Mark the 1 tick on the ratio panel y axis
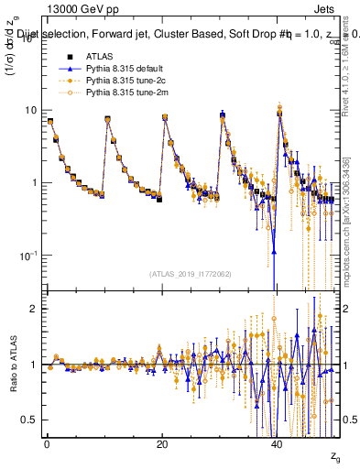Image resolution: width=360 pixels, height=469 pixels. (x=33, y=365)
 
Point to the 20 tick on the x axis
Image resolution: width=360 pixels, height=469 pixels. (x=161, y=444)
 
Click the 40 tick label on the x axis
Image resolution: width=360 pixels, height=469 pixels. (x=277, y=444)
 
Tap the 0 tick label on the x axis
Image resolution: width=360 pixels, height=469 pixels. (x=47, y=444)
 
